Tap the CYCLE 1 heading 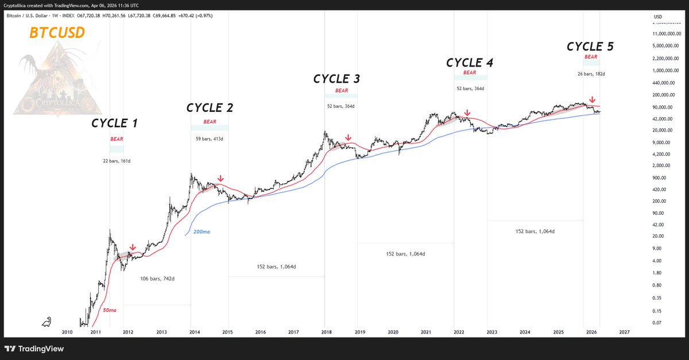[114, 123]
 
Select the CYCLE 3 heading [336, 79]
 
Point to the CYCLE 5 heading [590, 47]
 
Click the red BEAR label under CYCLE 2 [209, 122]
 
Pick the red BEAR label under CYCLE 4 [470, 72]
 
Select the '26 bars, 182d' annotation [591, 73]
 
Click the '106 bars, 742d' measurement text [157, 278]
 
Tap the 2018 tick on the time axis [326, 332]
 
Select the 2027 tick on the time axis [624, 332]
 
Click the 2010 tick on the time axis [67, 332]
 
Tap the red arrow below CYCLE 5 [592, 99]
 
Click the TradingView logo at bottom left [34, 349]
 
